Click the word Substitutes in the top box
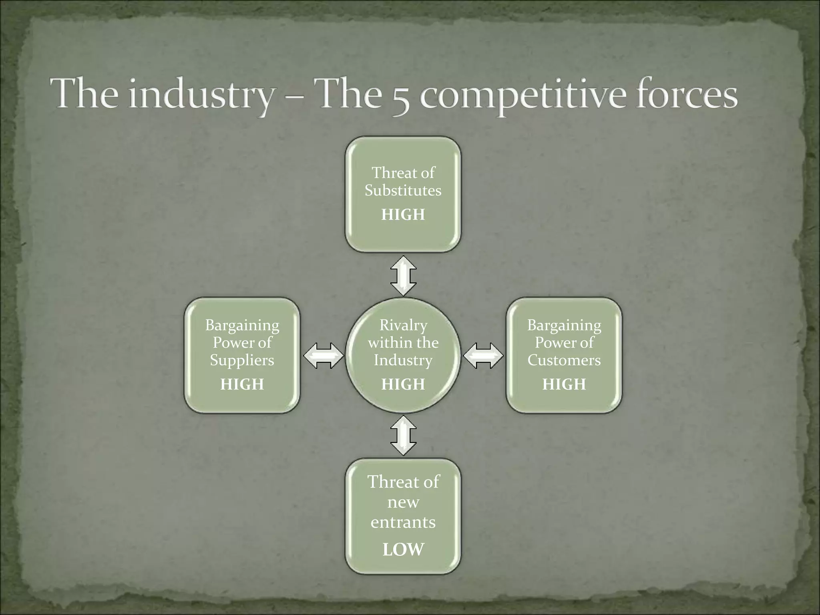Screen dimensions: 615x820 pyautogui.click(x=403, y=190)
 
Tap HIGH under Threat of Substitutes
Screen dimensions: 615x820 pyautogui.click(x=403, y=215)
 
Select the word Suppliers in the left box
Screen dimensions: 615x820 pyautogui.click(x=242, y=360)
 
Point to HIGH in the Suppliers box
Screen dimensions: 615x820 pyautogui.click(x=242, y=384)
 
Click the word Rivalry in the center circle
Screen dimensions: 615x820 pyautogui.click(x=403, y=325)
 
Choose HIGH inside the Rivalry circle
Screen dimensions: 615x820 pyautogui.click(x=403, y=384)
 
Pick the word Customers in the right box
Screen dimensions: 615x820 pyautogui.click(x=564, y=360)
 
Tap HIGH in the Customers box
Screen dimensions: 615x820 pyautogui.click(x=564, y=384)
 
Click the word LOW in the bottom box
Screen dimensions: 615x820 pyautogui.click(x=403, y=549)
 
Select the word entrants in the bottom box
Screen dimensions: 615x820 pyautogui.click(x=403, y=522)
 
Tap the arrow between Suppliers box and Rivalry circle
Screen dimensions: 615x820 pyautogui.click(x=324, y=355)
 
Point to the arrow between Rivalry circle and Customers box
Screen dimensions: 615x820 pyautogui.click(x=483, y=355)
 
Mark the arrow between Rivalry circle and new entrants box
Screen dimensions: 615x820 pyautogui.click(x=403, y=436)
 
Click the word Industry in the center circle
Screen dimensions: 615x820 pyautogui.click(x=403, y=360)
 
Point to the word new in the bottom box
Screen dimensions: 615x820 pyautogui.click(x=403, y=502)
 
